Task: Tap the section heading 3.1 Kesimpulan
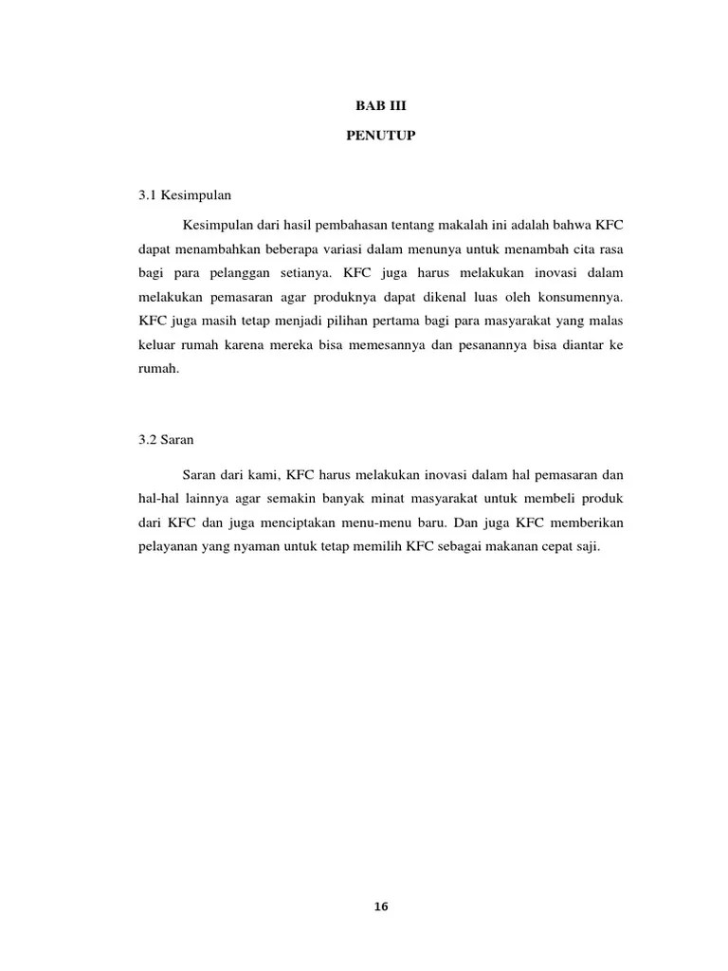coord(185,194)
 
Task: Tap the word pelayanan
coord(168,548)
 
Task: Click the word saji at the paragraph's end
coord(588,548)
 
